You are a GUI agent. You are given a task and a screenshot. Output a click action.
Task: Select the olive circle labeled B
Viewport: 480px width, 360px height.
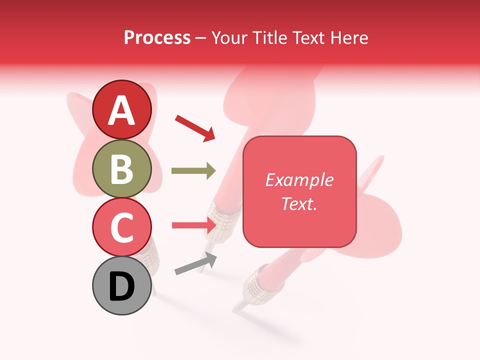click(121, 168)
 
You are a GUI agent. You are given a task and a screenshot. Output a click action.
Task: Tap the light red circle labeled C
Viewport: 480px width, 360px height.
click(121, 227)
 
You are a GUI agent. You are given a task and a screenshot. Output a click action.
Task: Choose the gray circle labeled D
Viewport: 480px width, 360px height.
click(121, 285)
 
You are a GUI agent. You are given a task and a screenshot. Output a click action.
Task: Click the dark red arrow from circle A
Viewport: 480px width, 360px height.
click(195, 127)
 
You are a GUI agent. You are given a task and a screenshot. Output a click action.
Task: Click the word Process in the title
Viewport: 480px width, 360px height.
click(157, 37)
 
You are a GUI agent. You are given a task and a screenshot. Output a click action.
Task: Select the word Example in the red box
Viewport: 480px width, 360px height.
click(299, 180)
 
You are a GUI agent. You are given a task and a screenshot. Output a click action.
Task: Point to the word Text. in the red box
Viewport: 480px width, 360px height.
click(299, 203)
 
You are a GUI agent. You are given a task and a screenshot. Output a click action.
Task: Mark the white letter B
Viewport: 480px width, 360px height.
click(121, 169)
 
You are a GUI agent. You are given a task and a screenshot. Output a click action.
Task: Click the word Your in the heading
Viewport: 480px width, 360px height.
click(230, 37)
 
